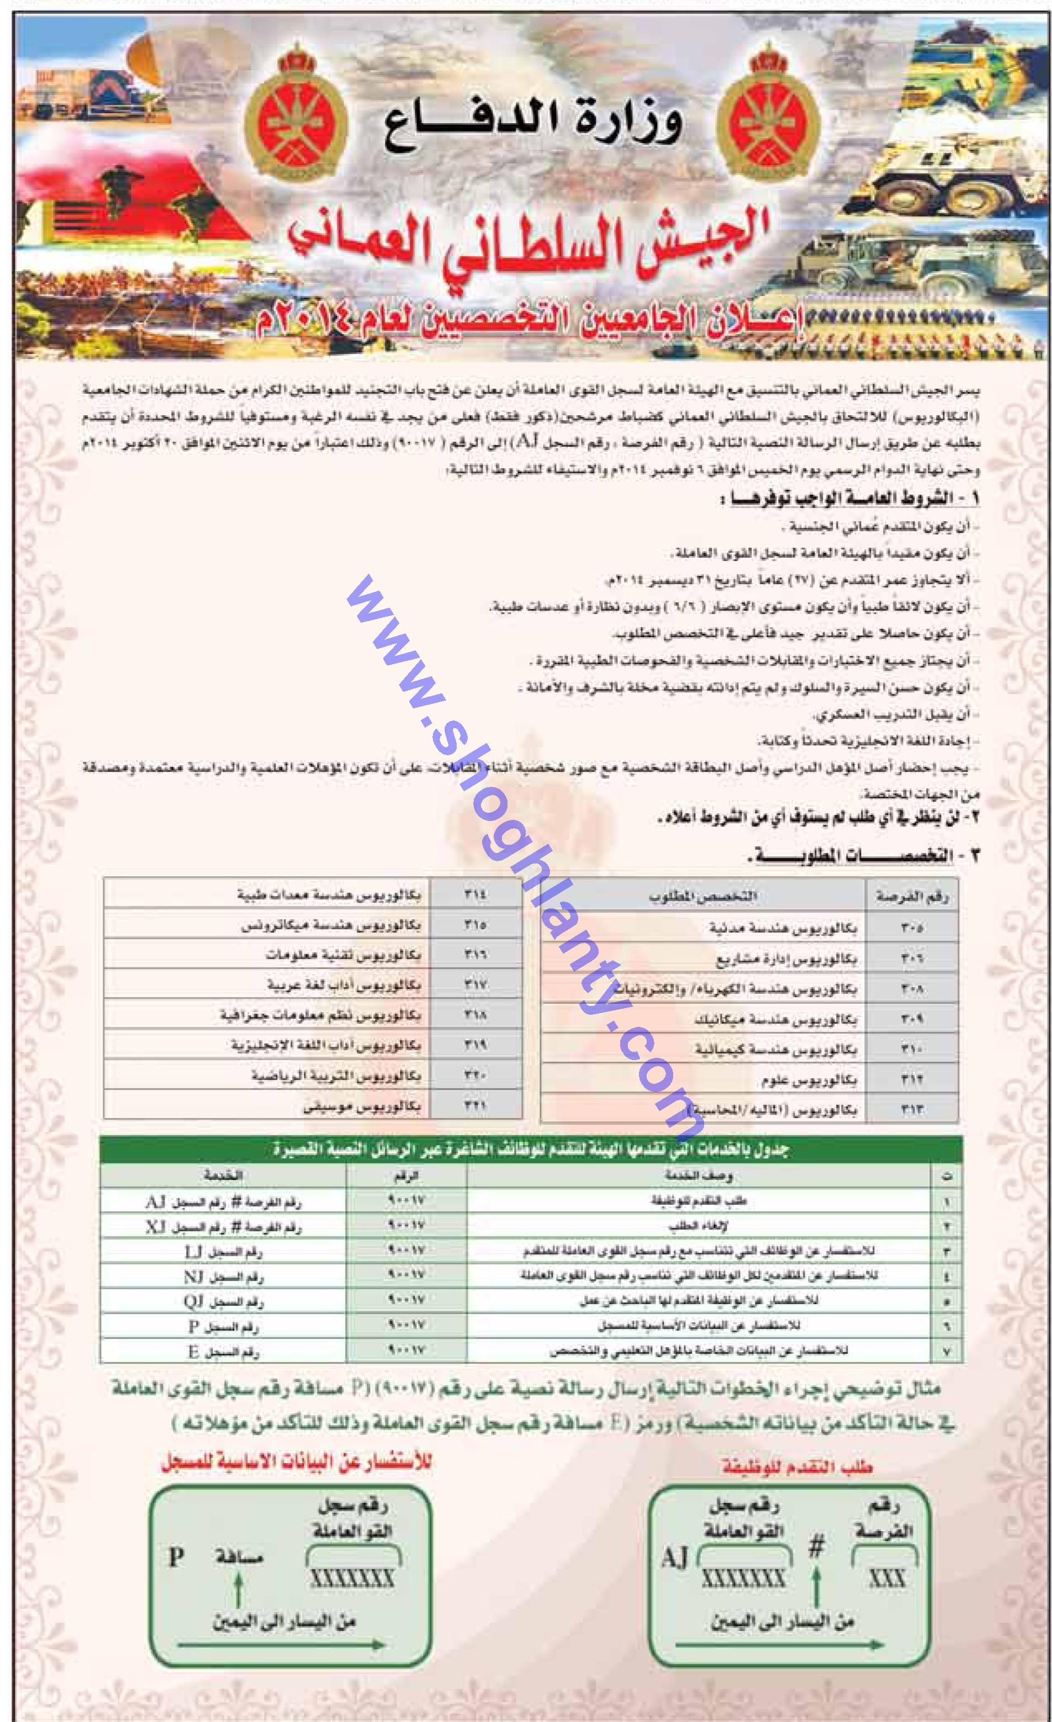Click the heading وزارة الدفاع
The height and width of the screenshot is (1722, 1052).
(533, 126)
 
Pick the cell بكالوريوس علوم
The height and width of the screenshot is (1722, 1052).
(808, 1080)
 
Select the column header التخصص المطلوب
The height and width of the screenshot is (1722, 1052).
(702, 896)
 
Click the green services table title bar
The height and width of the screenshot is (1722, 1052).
(530, 1149)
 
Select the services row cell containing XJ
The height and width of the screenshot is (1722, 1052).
(223, 1227)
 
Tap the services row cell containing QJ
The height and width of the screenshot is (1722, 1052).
(223, 1302)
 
